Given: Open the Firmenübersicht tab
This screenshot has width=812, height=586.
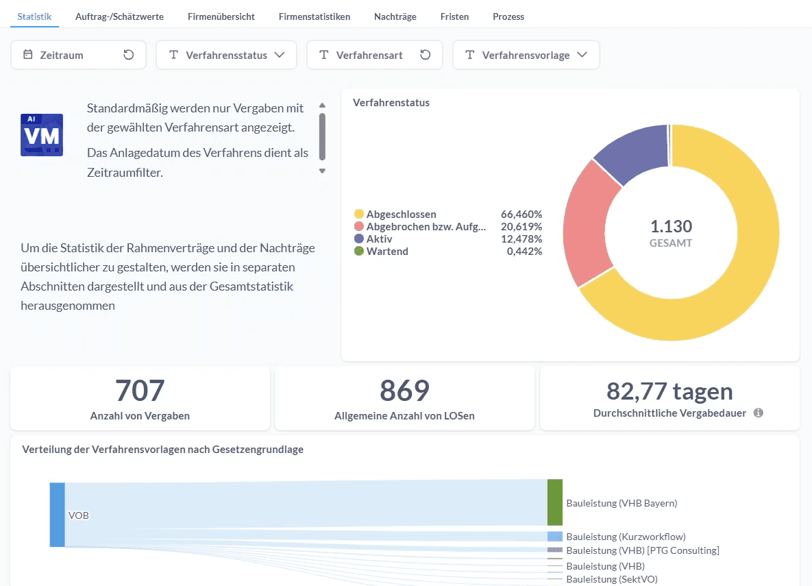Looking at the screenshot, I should (x=221, y=16).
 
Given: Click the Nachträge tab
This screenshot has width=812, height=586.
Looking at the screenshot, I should (x=395, y=16).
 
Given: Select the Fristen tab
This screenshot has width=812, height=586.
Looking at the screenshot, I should (x=454, y=16).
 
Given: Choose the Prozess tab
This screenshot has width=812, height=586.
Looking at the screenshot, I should (x=508, y=16).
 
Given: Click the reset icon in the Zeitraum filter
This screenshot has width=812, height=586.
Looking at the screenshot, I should (x=128, y=55).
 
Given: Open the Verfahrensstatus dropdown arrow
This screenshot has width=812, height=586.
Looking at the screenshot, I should (x=280, y=55).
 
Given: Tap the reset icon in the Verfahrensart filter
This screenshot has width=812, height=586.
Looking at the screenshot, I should (x=426, y=55).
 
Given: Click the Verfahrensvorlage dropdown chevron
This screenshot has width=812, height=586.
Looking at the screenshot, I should (x=582, y=55).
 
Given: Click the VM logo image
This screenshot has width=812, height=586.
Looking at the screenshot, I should (x=42, y=135).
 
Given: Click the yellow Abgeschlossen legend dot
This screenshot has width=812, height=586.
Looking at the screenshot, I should (x=359, y=215).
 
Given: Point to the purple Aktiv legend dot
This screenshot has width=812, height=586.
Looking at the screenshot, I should (x=359, y=239).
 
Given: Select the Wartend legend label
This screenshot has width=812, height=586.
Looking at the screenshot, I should (x=387, y=252).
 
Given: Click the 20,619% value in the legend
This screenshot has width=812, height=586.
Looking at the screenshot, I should (x=521, y=227).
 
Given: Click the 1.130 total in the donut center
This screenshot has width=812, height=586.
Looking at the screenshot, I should (x=671, y=226).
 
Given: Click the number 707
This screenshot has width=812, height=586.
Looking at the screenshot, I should (x=140, y=391).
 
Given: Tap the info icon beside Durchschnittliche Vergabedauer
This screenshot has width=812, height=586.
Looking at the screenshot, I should (x=759, y=413).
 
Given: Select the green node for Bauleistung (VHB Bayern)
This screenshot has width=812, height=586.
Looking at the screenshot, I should (x=555, y=502).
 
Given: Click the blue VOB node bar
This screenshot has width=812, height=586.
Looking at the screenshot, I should (x=58, y=515).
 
